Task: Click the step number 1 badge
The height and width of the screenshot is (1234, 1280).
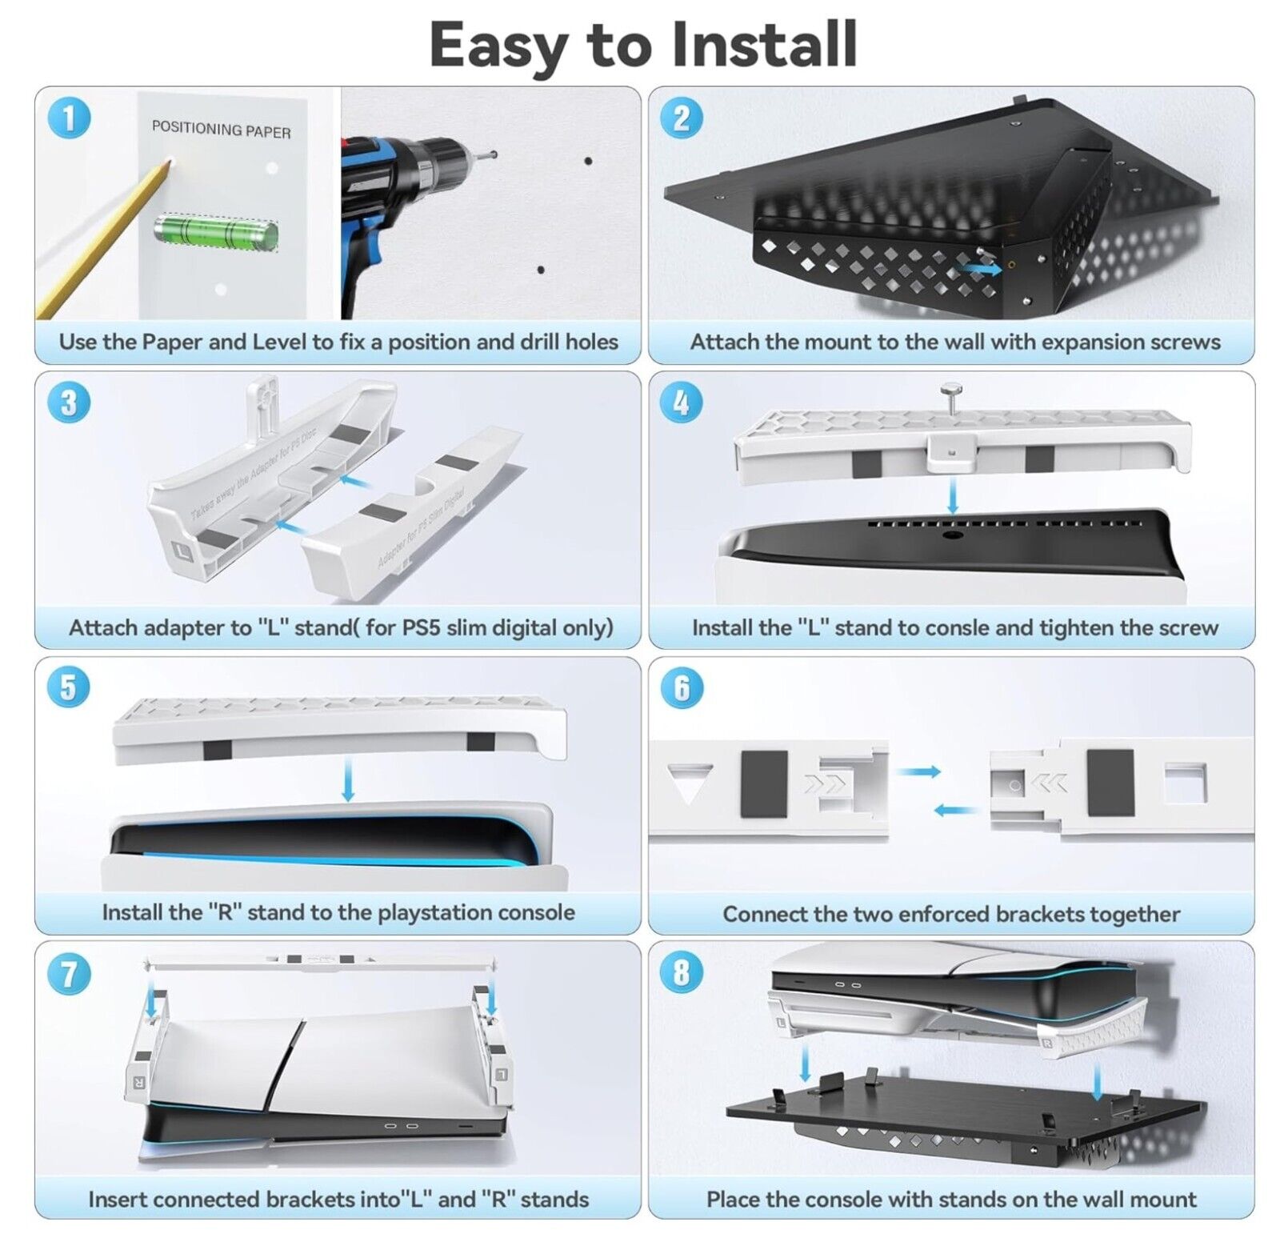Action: (x=69, y=118)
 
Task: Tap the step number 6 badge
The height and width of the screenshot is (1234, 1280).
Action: (x=682, y=687)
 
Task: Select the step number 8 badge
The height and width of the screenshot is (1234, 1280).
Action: (x=682, y=972)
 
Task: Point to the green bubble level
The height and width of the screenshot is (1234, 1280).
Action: (x=216, y=232)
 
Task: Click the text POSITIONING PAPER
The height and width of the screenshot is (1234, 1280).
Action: (x=221, y=129)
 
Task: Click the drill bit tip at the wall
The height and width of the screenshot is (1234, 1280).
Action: (x=494, y=153)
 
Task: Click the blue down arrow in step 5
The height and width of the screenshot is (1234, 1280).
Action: (x=348, y=780)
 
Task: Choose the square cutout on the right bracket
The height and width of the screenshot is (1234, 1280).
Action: (x=1185, y=783)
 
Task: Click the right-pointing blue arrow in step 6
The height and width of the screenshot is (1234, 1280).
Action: (x=918, y=771)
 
